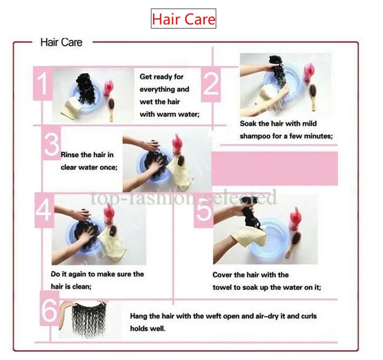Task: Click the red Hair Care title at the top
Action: pyautogui.click(x=184, y=19)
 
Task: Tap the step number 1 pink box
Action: pyautogui.click(x=43, y=83)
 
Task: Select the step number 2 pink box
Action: pyautogui.click(x=211, y=84)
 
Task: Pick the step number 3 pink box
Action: pyautogui.click(x=51, y=143)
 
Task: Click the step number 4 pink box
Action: pyautogui.click(x=44, y=210)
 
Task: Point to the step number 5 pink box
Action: pyautogui.click(x=204, y=210)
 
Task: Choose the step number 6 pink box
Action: pyautogui.click(x=49, y=308)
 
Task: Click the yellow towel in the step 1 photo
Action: pyautogui.click(x=71, y=108)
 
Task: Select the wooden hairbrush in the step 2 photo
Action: pyautogui.click(x=313, y=97)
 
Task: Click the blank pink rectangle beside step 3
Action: pyautogui.click(x=275, y=168)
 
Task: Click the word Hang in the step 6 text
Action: pyautogui.click(x=139, y=317)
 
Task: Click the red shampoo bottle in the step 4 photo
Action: pyautogui.click(x=109, y=214)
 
